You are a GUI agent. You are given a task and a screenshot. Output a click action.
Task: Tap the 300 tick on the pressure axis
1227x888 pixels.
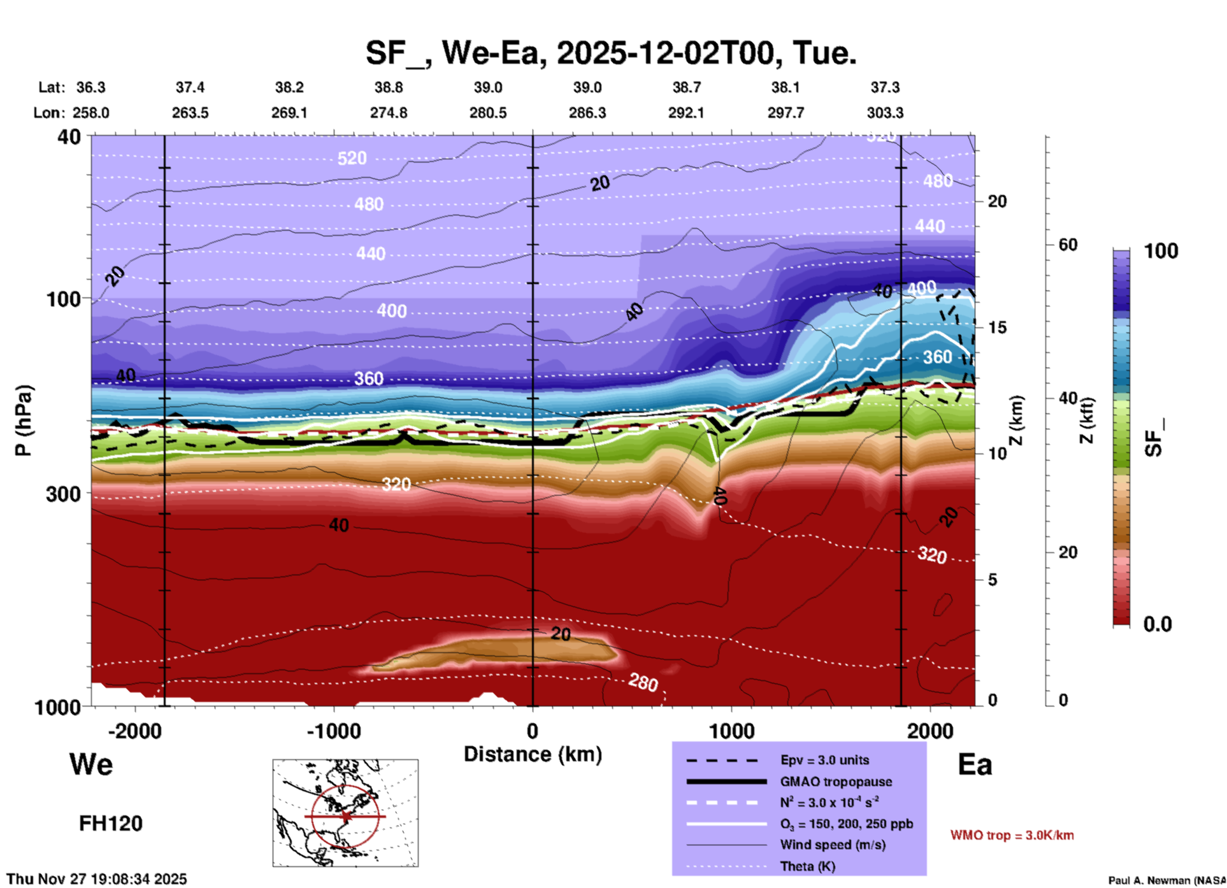pos(64,494)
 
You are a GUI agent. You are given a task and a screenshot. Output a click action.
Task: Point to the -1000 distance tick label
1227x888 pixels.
pos(334,731)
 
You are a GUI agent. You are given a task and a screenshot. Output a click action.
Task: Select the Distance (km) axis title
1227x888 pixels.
pos(533,754)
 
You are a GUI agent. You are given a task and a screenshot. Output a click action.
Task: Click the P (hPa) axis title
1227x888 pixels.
pos(23,420)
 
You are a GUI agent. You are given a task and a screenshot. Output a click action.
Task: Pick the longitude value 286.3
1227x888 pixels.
pos(587,113)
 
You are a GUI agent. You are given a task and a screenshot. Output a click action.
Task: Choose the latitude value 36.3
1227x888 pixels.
pos(90,87)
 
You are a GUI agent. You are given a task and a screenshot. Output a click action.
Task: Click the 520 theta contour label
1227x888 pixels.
pos(352,157)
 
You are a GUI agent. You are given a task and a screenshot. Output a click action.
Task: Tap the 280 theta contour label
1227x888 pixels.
pos(643,682)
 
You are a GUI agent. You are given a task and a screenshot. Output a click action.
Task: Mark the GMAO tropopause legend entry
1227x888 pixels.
pos(835,782)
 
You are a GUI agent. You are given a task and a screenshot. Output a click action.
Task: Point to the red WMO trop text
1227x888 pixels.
pos(1012,835)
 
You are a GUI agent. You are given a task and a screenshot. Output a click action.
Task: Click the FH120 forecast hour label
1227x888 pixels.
pos(111,824)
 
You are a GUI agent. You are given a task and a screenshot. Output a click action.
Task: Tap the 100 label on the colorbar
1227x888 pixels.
pos(1161,251)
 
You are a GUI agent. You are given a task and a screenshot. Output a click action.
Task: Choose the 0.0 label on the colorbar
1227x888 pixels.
pos(1158,624)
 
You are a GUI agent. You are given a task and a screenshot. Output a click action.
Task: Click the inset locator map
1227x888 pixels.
pos(345,812)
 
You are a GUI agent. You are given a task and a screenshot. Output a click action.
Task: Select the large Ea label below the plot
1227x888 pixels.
pos(975,764)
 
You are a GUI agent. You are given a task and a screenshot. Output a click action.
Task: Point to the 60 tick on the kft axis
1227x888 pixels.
pos(1068,245)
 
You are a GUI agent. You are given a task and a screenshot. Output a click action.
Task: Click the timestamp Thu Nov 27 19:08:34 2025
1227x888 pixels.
pos(97,879)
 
